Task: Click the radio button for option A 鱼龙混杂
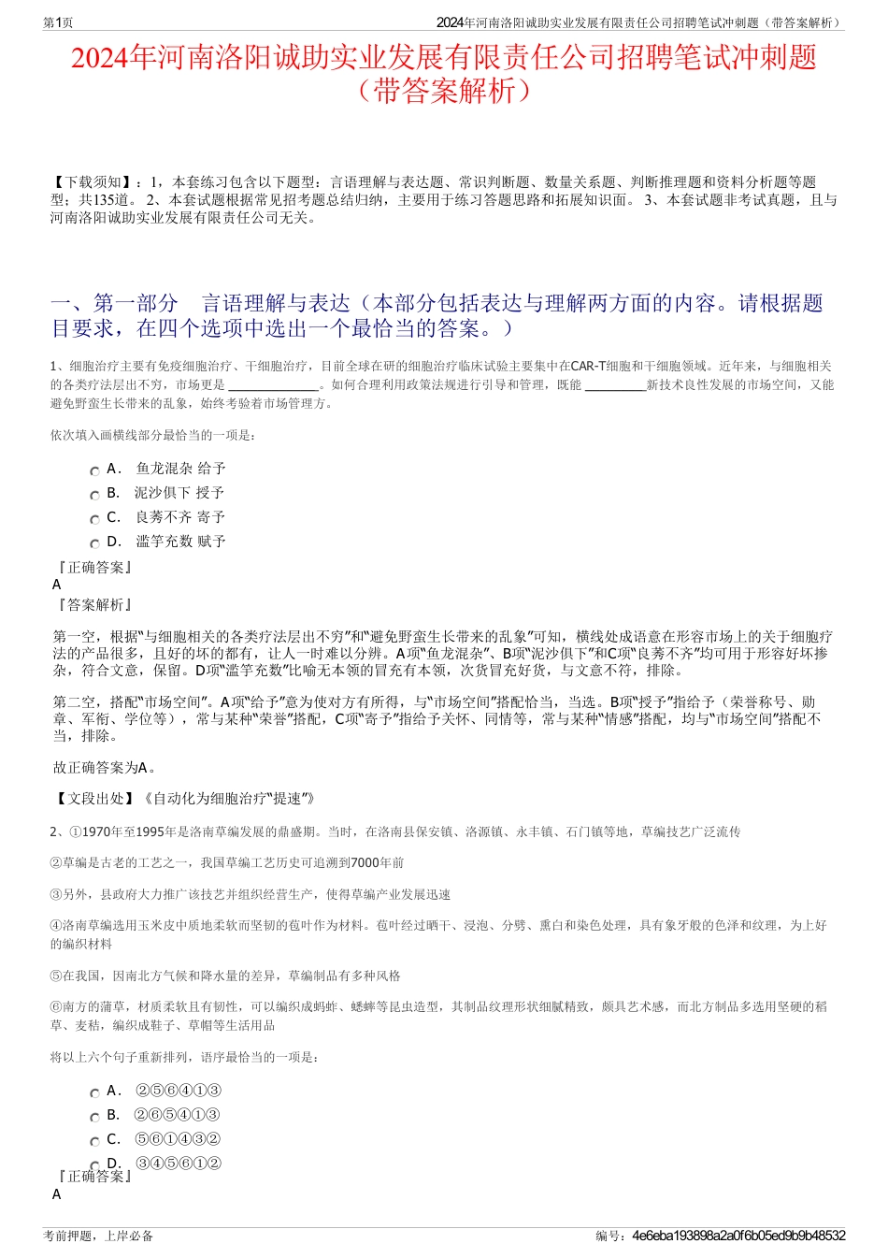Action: [94, 471]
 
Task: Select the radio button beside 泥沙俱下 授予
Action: [94, 496]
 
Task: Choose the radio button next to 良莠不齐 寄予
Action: [94, 520]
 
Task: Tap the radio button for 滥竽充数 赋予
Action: [94, 544]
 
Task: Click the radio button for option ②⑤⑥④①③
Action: [94, 1093]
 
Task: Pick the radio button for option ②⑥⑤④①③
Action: [94, 1118]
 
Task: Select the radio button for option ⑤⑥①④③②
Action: [94, 1142]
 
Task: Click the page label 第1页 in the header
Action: [59, 22]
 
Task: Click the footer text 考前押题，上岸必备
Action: [98, 1236]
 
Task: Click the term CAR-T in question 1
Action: [588, 366]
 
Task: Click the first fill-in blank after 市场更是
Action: [273, 384]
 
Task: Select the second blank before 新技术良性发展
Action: [614, 384]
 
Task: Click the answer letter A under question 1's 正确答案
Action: [57, 585]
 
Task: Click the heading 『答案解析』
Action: [95, 605]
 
